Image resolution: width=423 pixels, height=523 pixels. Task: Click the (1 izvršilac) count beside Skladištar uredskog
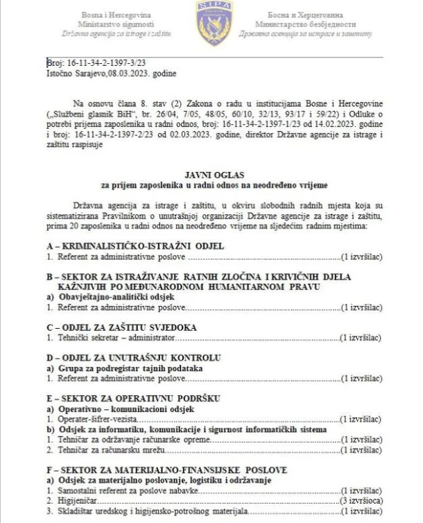(x=361, y=511)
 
